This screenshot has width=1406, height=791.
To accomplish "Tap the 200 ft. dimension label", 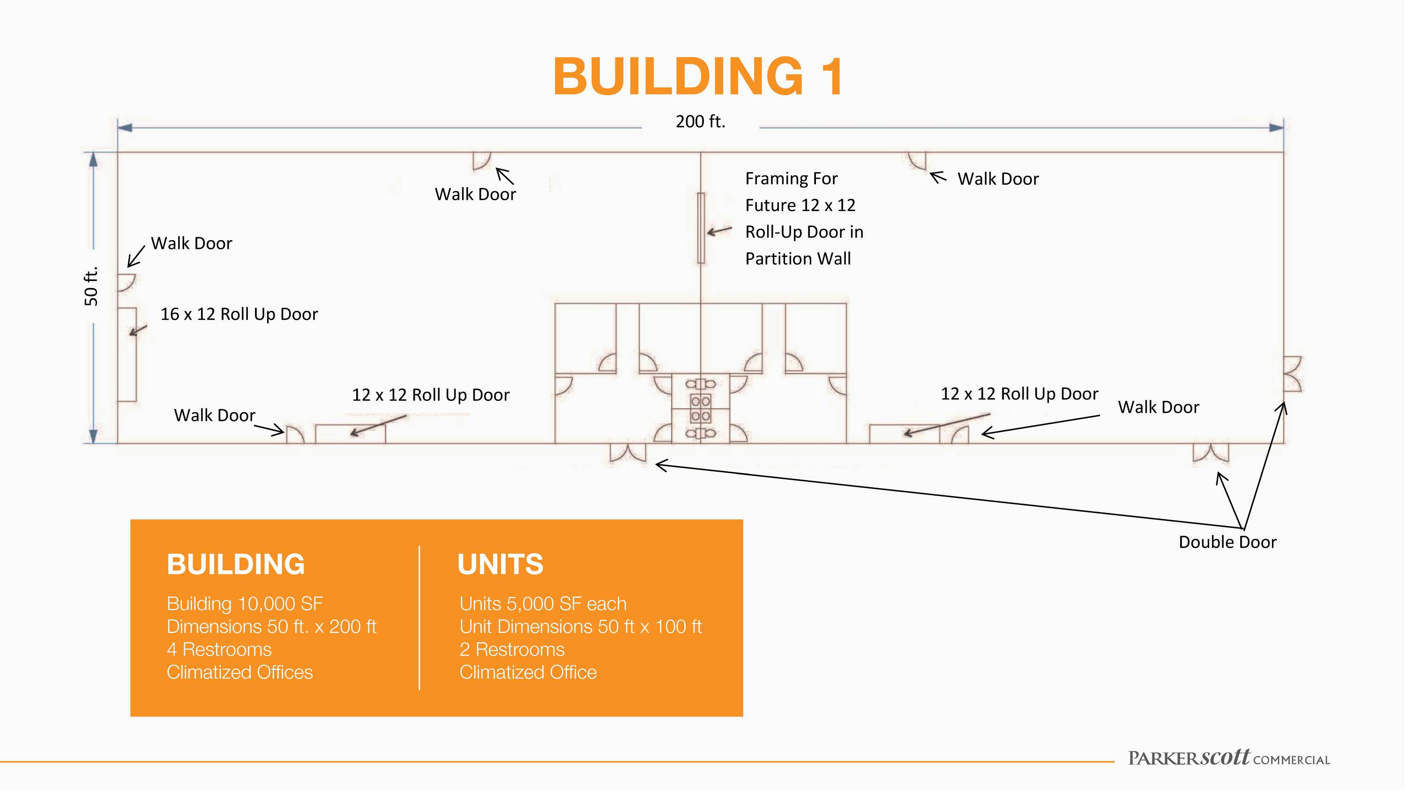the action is (x=700, y=121).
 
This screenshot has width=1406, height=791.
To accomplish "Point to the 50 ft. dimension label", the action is (x=91, y=286).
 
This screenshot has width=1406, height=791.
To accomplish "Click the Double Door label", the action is (x=1227, y=542).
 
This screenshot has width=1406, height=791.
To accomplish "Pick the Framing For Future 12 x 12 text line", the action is (x=800, y=192).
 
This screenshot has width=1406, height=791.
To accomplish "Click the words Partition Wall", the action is (x=798, y=258).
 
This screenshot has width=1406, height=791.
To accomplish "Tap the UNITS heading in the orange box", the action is (x=501, y=565).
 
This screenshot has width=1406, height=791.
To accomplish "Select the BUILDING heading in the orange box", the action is (x=236, y=565).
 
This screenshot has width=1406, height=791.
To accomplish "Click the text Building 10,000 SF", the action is (x=245, y=604).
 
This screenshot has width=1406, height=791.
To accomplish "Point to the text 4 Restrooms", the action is (x=219, y=649).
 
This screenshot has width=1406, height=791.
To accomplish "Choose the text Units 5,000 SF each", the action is (x=543, y=604).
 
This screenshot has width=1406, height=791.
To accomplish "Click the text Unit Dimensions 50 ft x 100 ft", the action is (x=580, y=627).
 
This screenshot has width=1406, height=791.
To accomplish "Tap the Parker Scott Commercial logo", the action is (x=1229, y=758).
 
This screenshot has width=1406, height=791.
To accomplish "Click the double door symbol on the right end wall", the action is (x=1292, y=374).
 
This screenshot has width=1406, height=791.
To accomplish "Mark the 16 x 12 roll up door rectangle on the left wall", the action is (x=127, y=355).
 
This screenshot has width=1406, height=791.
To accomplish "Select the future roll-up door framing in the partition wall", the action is (x=701, y=228).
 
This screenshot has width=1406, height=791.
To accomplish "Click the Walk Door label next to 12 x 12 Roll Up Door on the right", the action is (x=1158, y=407).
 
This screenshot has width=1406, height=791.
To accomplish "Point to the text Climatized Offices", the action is (x=239, y=672).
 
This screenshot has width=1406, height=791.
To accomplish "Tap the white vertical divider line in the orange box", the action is (x=419, y=618).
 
